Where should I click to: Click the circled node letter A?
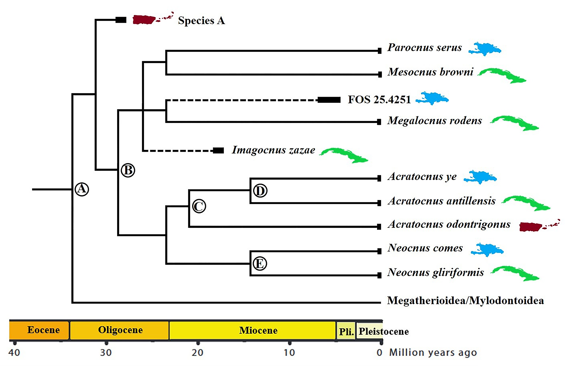coord(82,189)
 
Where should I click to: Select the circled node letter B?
coord(128,170)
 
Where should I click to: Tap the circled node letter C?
coord(199,206)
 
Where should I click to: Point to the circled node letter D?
coord(260,191)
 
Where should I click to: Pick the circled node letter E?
coord(260,263)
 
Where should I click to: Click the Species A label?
coord(201,21)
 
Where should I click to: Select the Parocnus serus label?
coord(424,48)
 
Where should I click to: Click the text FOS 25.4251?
coord(379,100)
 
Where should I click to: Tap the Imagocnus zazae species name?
coord(273,150)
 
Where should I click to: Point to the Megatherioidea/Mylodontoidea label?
coord(465,300)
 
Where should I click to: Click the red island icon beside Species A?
coord(153,18)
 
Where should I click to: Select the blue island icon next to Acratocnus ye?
coord(480,177)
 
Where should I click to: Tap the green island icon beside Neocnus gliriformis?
coord(515,273)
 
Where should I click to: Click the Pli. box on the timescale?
coord(346,331)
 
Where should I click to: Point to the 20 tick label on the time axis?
coord(197,353)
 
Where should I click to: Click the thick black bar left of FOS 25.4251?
coord(329,100)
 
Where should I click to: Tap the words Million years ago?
coord(433,352)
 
